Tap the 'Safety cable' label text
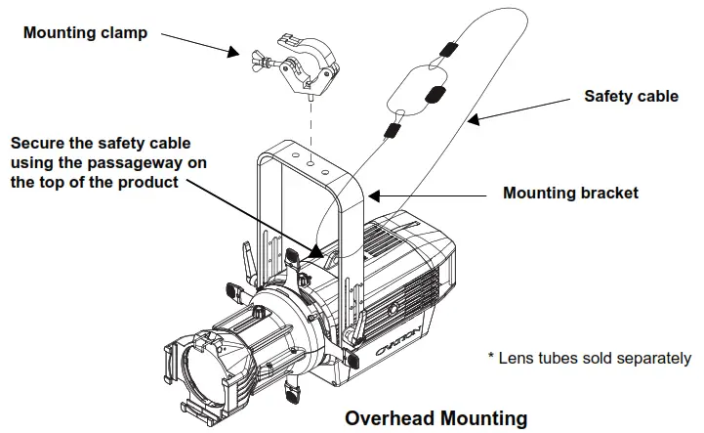630,96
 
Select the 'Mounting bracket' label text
570,193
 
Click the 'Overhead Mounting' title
435,417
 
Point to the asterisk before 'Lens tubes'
491,358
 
